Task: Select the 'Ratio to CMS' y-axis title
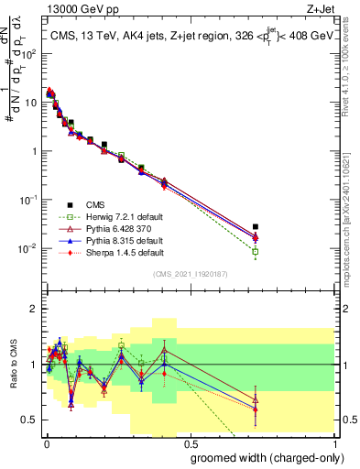(x=11, y=365)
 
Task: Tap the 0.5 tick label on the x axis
(x=189, y=441)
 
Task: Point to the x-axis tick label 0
(x=46, y=441)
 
